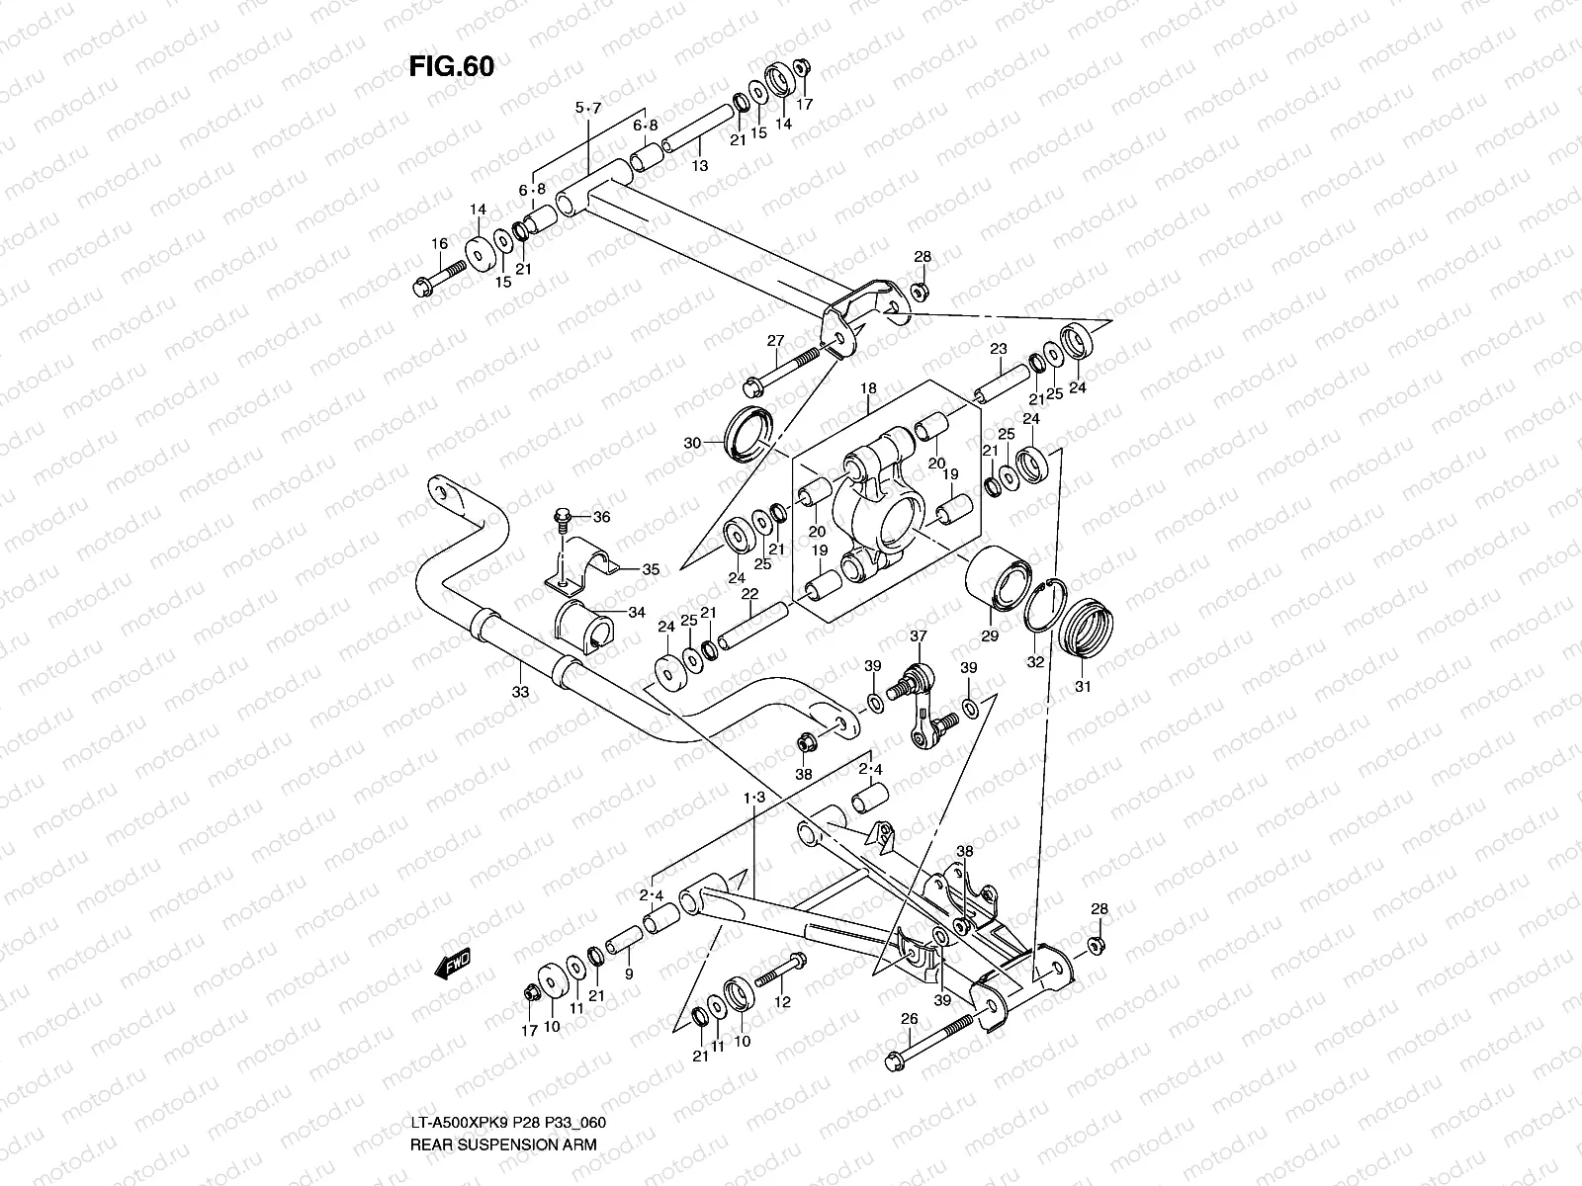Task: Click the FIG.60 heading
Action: [451, 66]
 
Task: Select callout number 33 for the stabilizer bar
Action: [520, 692]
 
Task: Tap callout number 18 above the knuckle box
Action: [868, 389]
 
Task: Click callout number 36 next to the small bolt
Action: [601, 516]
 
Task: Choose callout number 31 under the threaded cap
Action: [1083, 686]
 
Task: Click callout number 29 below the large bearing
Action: [990, 636]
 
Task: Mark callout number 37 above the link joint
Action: [919, 636]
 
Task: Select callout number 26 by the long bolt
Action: [910, 1019]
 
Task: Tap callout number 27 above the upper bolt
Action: [775, 341]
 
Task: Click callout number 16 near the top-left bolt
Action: [440, 244]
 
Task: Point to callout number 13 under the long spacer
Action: [700, 166]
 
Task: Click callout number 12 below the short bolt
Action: [782, 1002]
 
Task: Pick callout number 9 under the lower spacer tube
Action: [628, 974]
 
